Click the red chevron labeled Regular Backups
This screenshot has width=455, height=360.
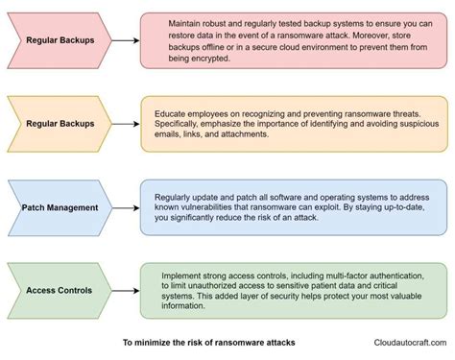[60, 41]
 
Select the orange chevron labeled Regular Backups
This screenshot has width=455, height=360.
[60, 123]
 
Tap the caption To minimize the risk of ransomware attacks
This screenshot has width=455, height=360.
[207, 342]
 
